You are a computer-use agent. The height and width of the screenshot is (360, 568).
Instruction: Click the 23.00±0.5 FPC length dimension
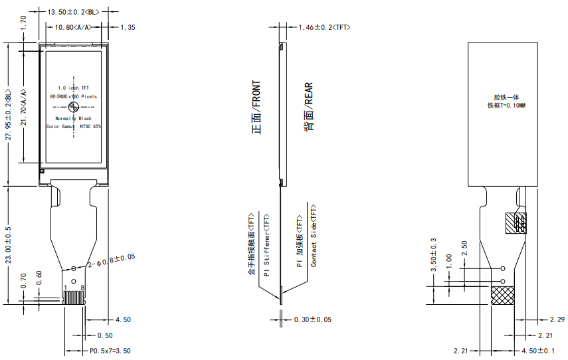click(8, 246)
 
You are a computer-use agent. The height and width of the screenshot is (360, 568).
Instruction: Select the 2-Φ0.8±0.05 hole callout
click(112, 260)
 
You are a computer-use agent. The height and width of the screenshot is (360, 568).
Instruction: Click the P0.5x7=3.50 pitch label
click(110, 350)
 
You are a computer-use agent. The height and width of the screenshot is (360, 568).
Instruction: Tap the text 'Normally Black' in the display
click(73, 118)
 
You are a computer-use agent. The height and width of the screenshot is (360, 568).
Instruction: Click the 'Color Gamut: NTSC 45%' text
click(74, 126)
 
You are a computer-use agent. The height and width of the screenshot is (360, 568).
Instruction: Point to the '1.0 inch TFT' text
click(73, 88)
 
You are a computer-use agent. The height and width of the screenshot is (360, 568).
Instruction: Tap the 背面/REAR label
click(308, 107)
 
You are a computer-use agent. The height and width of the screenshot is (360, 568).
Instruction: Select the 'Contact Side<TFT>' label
click(314, 236)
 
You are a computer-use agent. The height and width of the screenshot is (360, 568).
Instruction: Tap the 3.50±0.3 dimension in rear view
click(434, 255)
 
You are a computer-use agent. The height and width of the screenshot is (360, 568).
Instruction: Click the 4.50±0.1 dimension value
click(537, 350)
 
